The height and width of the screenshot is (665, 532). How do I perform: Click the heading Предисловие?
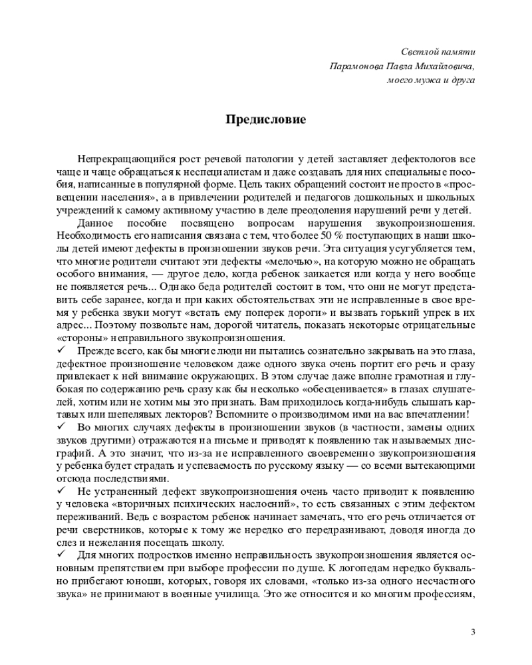(x=265, y=120)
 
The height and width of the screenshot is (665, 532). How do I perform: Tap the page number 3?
(x=473, y=631)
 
